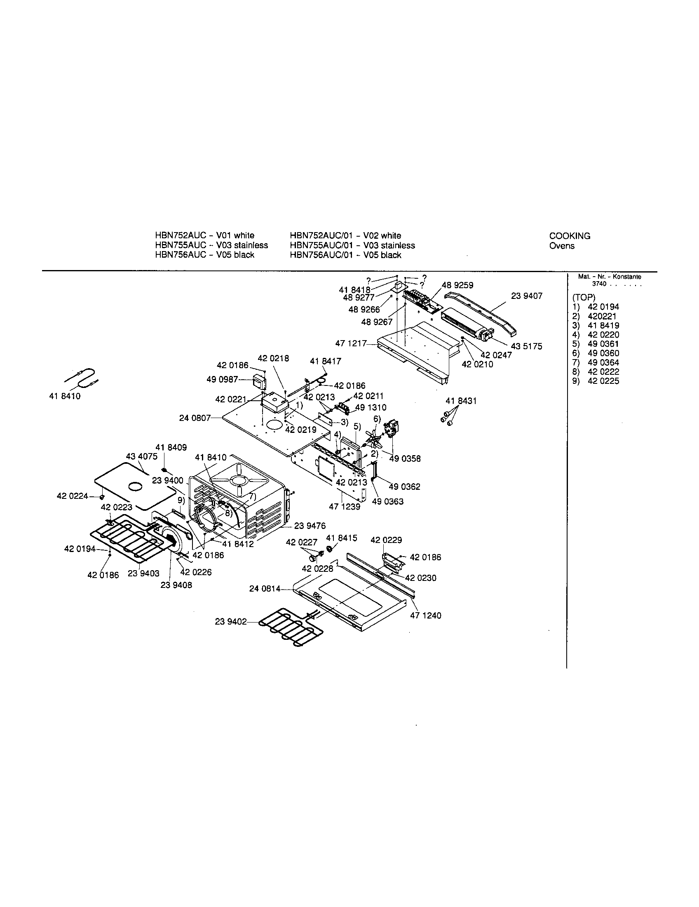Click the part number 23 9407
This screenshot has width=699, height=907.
pyautogui.click(x=526, y=296)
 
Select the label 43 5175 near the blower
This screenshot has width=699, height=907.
pyautogui.click(x=526, y=346)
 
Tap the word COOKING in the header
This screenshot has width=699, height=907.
pyautogui.click(x=570, y=236)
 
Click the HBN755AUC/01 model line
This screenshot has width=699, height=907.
pyautogui.click(x=352, y=245)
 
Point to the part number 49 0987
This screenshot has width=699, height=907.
pyautogui.click(x=222, y=380)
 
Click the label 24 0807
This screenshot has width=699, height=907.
pyautogui.click(x=195, y=418)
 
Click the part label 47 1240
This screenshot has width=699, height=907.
pyautogui.click(x=425, y=616)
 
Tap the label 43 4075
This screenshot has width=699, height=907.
pyautogui.click(x=141, y=457)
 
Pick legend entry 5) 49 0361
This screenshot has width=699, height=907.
pyautogui.click(x=595, y=344)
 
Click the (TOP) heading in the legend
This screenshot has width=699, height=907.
pyautogui.click(x=584, y=298)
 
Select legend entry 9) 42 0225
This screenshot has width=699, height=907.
pyautogui.click(x=595, y=381)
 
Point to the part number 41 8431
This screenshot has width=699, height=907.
pyautogui.click(x=461, y=401)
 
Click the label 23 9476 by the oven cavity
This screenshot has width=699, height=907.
pyautogui.click(x=310, y=526)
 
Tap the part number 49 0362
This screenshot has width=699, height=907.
pyautogui.click(x=404, y=486)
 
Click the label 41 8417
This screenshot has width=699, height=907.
pyautogui.click(x=326, y=361)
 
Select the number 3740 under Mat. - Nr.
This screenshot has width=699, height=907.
pyautogui.click(x=599, y=284)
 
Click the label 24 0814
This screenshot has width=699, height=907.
pyautogui.click(x=265, y=588)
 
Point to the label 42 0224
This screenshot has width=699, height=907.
pyautogui.click(x=72, y=496)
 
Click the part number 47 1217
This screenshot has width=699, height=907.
pyautogui.click(x=351, y=343)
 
